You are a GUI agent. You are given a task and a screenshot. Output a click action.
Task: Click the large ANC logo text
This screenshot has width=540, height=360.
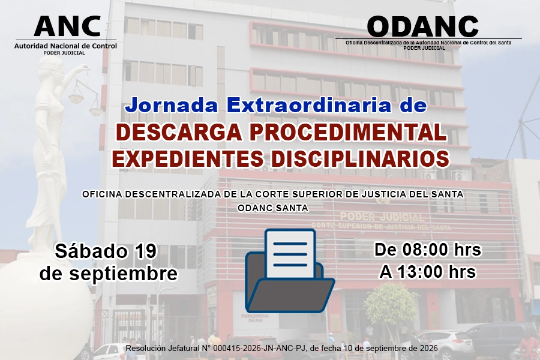pos(67,26)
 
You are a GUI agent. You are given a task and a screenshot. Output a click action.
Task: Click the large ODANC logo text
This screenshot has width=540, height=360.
pos(423,26)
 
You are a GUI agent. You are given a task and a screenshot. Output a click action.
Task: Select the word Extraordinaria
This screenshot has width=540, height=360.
pos(309,106)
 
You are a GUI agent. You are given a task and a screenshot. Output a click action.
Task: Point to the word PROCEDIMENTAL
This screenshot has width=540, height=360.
pos(348,132)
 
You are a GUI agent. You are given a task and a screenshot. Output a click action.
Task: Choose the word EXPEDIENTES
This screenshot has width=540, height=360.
pos(188,158)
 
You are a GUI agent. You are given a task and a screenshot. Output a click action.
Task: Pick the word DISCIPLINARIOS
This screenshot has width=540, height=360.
pos(360,158)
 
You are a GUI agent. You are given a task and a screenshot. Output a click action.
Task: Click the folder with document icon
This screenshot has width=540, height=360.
pos(290,271)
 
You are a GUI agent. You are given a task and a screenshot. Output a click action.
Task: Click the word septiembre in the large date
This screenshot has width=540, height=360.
pos(123,274)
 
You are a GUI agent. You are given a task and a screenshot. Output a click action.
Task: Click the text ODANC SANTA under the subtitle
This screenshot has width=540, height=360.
pos(273,208)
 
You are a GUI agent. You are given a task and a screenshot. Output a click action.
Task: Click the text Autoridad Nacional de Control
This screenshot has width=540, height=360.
pos(65,46)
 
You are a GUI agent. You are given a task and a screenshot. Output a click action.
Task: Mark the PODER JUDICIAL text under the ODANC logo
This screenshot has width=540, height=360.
pos(424,48)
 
